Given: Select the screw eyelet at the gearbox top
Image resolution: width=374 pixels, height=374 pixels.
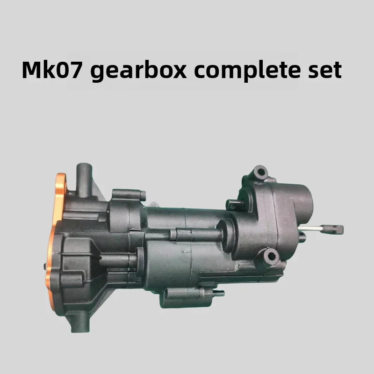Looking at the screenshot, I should pyautogui.click(x=260, y=173).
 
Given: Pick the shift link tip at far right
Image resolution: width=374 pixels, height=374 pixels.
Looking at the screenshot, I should pyautogui.click(x=335, y=229).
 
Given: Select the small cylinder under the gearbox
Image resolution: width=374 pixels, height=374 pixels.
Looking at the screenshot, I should pyautogui.click(x=182, y=294).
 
